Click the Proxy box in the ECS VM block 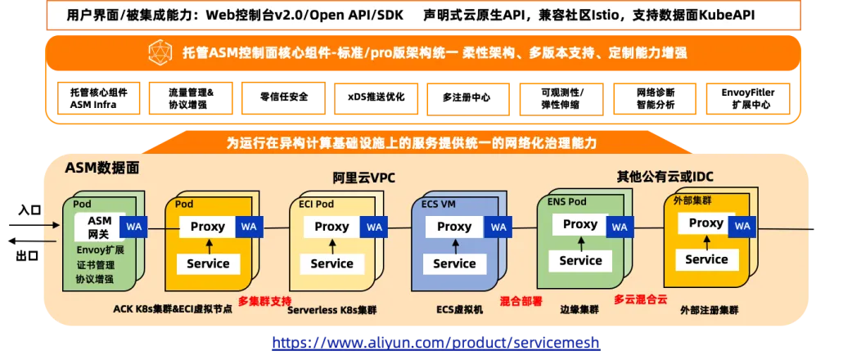[454, 227]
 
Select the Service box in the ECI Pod [331, 263]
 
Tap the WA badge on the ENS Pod [620, 227]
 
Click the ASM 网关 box [99, 227]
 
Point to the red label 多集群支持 [264, 301]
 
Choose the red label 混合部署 [521, 300]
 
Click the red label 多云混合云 [641, 299]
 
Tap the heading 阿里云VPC [364, 178]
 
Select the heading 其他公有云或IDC [664, 177]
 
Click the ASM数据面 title [102, 168]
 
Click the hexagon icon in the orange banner [159, 54]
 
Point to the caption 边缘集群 [579, 310]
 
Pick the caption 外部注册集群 [709, 311]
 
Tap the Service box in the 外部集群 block [706, 259]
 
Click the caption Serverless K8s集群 [331, 311]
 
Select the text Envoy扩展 [100, 250]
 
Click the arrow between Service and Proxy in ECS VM [454, 245]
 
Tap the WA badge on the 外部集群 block [742, 227]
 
